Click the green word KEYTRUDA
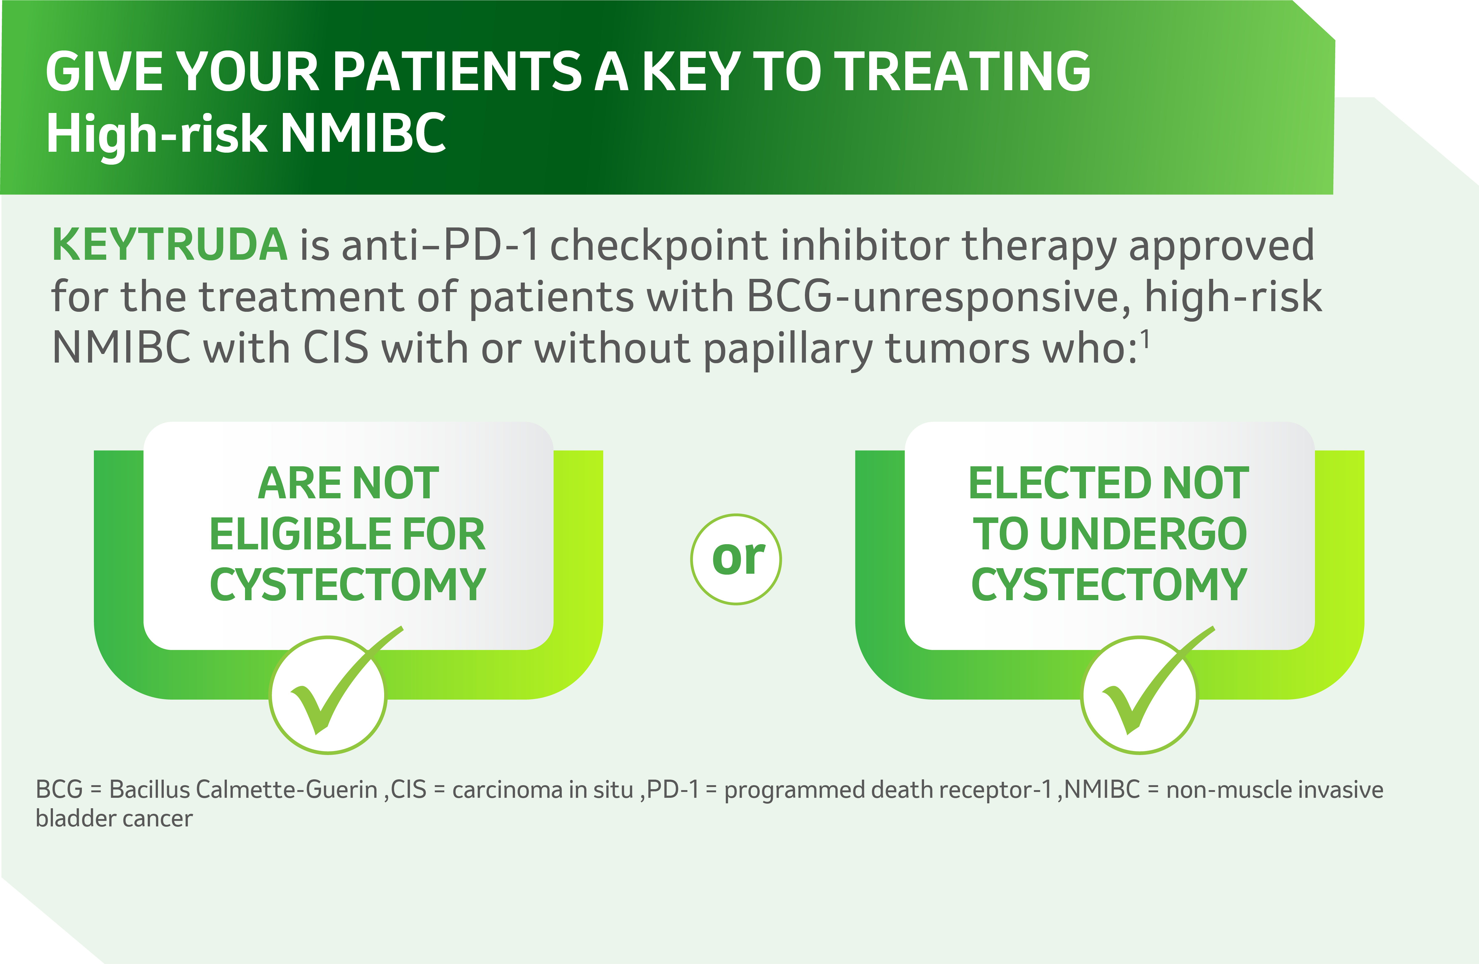click(169, 244)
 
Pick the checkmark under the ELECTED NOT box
click(1157, 681)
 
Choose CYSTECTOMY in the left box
click(348, 585)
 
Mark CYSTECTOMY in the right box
click(1109, 585)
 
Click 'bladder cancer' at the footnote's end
click(114, 818)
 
